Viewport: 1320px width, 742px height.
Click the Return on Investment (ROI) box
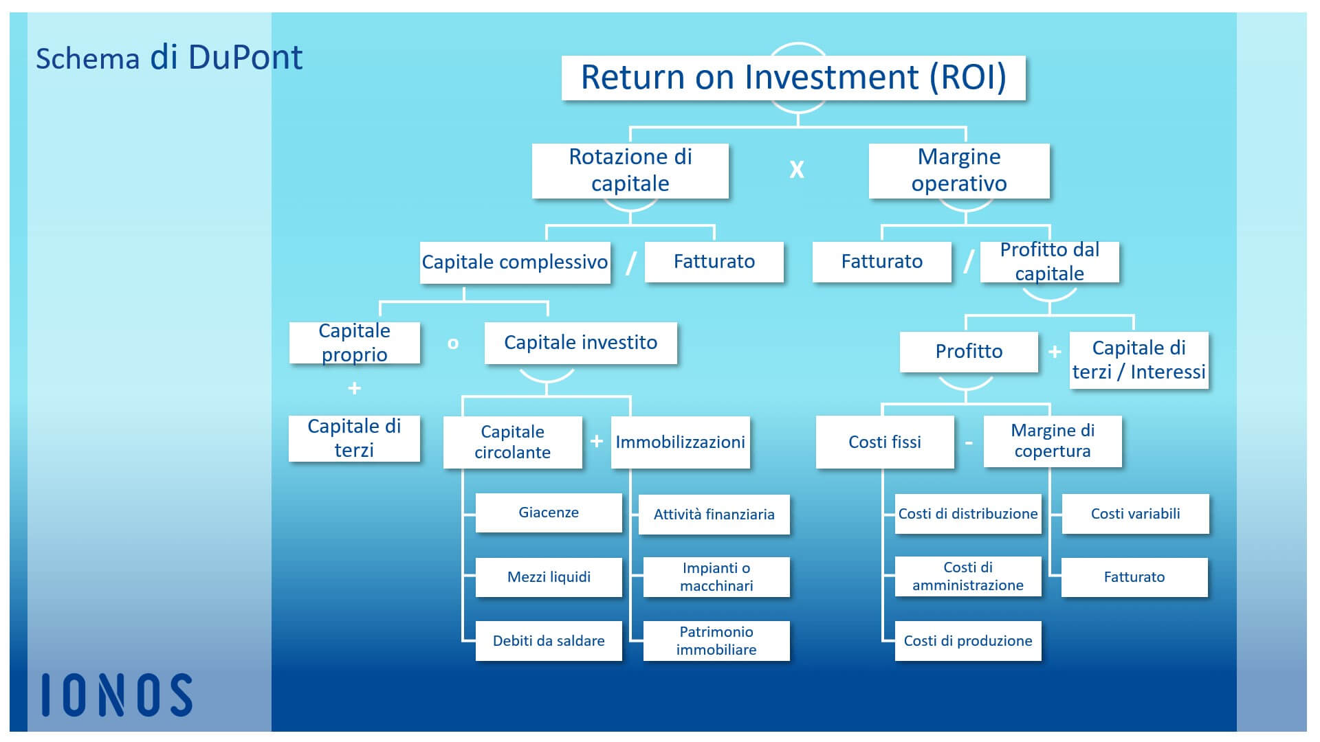(x=793, y=78)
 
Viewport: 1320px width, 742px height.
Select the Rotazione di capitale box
(x=630, y=170)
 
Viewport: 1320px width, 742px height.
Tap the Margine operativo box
(x=959, y=170)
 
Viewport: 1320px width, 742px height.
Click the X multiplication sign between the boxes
(x=797, y=170)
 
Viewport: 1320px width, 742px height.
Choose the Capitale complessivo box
(x=515, y=262)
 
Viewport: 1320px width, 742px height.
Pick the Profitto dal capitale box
(x=1050, y=262)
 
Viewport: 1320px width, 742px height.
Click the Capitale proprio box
(x=355, y=342)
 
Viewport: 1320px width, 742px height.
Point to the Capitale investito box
(x=581, y=343)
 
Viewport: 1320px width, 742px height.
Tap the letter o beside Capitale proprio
(x=453, y=344)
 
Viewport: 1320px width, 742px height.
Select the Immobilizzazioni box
(x=681, y=442)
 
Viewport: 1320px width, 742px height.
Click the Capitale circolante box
(x=513, y=442)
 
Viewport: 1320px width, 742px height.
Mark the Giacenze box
(x=549, y=513)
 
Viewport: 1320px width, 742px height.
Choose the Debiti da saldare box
(x=549, y=641)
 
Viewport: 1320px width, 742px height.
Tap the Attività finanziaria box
(x=714, y=515)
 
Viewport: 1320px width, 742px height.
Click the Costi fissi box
(x=885, y=442)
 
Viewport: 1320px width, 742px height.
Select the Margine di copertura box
(x=1053, y=441)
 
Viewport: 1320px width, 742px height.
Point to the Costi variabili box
(x=1136, y=514)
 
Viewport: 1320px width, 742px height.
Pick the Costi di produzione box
(x=968, y=641)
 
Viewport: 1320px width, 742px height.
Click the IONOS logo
(x=117, y=695)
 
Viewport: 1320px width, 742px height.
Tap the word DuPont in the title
(x=245, y=58)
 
